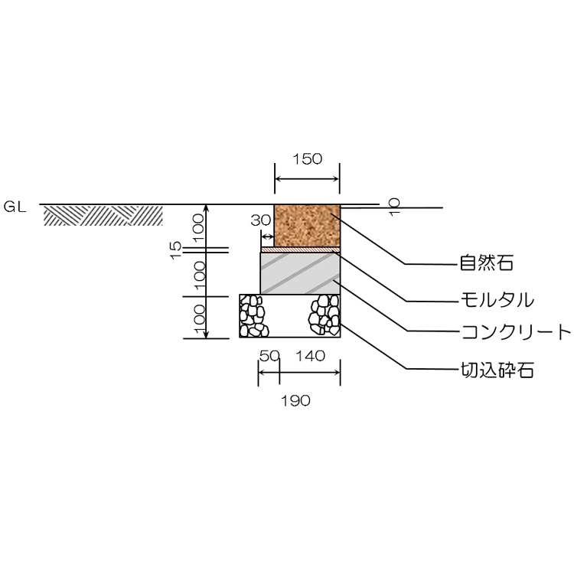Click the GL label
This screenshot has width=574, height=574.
15,206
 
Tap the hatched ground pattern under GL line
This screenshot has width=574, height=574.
103,216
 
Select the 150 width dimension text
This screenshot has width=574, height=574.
307,159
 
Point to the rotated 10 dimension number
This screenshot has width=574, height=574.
394,207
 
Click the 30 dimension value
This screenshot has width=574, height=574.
260,220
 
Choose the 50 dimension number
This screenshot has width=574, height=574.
269,356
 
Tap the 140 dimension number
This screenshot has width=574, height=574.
311,356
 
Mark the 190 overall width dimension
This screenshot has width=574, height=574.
295,400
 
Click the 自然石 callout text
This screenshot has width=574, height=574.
485,264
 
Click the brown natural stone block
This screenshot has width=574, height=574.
307,226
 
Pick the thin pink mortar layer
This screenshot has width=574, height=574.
301,249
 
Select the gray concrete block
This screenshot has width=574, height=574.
301,273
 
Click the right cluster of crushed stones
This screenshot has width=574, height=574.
325,316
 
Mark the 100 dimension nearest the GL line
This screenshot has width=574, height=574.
198,225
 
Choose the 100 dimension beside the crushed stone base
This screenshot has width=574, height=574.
198,317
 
